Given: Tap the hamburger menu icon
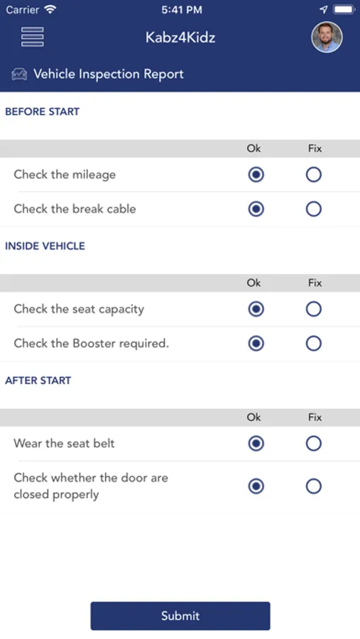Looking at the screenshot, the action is pos(33,37).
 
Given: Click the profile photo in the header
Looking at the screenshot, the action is pos(327,37).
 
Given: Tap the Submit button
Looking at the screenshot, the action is pos(180,616).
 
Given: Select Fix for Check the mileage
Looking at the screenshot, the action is pos(314,175).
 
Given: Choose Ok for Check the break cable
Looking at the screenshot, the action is pos(256,209).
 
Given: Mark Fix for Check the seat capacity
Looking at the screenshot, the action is pos(314,309).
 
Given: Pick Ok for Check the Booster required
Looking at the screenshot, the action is pos(256,344).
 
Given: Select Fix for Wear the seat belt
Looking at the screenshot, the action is pos(314,443).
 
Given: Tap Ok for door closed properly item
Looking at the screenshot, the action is pos(256,486).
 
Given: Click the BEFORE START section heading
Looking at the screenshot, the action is pos(43,111).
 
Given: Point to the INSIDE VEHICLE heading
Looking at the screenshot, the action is pos(45,246).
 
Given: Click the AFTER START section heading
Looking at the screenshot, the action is pos(38,381).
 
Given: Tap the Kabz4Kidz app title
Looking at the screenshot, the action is pos(180,38).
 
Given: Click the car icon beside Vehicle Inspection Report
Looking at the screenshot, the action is pos(19,74).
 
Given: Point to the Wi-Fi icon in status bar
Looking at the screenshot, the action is pos(50,9).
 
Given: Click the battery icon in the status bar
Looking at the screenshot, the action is pos(344,9).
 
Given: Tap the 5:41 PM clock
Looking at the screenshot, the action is pos(182,10).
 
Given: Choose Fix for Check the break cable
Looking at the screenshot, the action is pos(314,209).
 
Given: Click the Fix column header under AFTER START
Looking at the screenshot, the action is pos(315,417).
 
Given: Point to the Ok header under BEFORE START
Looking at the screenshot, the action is pos(253,148).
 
